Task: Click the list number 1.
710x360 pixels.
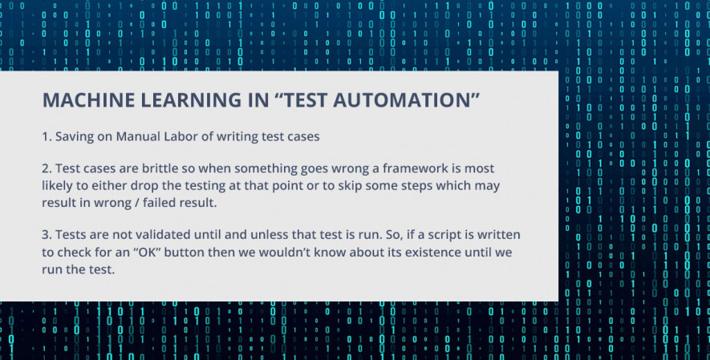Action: click(x=47, y=136)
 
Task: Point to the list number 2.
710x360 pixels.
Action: click(x=47, y=168)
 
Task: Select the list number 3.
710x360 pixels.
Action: click(x=47, y=235)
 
